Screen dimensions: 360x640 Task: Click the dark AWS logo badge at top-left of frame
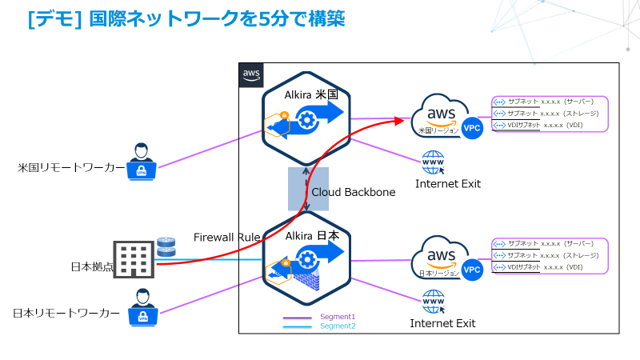[x=251, y=74]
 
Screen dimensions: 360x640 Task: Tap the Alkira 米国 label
[x=312, y=94]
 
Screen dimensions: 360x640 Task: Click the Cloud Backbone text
[x=354, y=192]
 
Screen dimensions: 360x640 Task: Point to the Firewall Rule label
[x=226, y=237]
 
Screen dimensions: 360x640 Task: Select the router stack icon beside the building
[x=166, y=246]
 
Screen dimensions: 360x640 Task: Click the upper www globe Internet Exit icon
[x=434, y=163]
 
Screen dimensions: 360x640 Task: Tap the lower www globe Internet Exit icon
[x=434, y=302]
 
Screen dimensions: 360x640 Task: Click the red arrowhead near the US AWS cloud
[x=398, y=121]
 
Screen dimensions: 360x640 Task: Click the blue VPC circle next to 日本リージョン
[x=473, y=270]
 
